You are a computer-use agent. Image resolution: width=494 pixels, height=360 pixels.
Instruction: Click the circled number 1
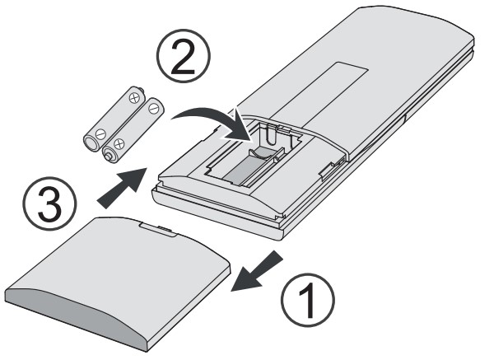coord(308,300)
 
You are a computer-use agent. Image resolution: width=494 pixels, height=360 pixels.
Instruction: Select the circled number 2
coord(184,56)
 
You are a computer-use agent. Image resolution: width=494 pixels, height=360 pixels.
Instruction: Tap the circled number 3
coord(49,203)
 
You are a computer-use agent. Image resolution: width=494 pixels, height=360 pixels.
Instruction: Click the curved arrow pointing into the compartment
coord(214,119)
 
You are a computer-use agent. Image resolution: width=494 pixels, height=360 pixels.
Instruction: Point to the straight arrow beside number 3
coord(123,188)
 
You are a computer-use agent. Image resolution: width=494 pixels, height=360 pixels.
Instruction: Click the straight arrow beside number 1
coord(257,271)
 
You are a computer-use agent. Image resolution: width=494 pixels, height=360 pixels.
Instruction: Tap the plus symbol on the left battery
coord(134,98)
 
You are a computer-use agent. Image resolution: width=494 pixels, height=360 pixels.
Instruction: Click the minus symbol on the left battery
coord(100,134)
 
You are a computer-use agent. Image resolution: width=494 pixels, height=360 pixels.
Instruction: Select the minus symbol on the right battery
coord(153,109)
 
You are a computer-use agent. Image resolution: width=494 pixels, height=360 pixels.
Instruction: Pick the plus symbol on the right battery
coord(119,144)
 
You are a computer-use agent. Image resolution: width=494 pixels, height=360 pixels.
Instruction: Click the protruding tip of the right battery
coord(109,156)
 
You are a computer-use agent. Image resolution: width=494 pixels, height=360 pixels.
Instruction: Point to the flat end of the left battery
coord(91,143)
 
